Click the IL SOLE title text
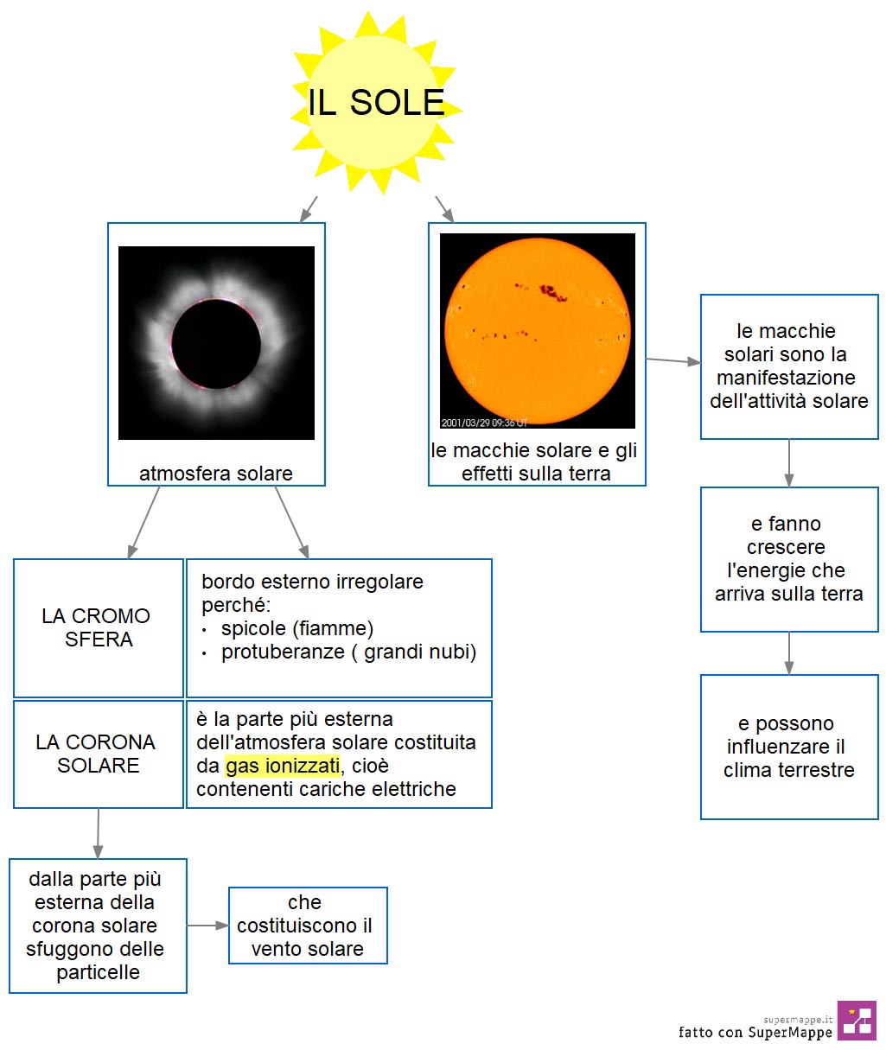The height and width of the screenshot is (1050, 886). (x=376, y=103)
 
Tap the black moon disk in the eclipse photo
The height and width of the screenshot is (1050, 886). (x=216, y=344)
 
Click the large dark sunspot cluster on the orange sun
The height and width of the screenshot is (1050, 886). (x=553, y=293)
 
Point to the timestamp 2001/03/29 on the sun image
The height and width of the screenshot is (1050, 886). (x=465, y=423)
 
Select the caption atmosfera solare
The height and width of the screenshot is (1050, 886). (x=216, y=474)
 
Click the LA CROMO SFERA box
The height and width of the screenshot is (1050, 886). (x=99, y=628)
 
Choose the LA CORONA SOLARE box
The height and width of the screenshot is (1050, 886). (x=99, y=754)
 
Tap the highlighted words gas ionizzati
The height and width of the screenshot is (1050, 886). (x=283, y=766)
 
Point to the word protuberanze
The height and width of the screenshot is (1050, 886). (x=283, y=652)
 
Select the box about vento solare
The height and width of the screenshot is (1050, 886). (x=308, y=926)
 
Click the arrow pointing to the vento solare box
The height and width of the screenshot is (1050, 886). (x=207, y=926)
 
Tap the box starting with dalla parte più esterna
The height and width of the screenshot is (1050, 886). (x=99, y=926)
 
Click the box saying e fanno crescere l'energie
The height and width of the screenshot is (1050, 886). (x=789, y=559)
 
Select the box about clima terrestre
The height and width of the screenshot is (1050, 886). (x=789, y=747)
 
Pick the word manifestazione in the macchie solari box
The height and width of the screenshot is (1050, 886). (x=786, y=378)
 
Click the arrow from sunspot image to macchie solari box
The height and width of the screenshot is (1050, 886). (x=673, y=360)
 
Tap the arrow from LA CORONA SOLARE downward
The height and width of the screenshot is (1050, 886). (x=99, y=833)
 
